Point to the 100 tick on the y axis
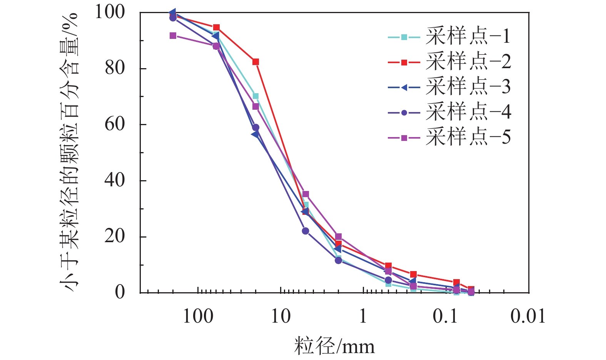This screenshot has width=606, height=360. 110,12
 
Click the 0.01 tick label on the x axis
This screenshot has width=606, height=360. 528,316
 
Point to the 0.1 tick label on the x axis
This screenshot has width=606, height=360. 446,316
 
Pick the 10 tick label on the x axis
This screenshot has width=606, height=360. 280,316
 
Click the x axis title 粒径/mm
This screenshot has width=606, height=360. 334,346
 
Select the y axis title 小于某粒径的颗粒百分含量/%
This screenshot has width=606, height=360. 69,152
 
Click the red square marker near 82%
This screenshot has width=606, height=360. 255,62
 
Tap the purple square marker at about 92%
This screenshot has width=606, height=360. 173,35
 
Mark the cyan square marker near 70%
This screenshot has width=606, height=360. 255,96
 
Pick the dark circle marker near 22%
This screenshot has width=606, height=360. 306,231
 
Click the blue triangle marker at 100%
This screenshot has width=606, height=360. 173,12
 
